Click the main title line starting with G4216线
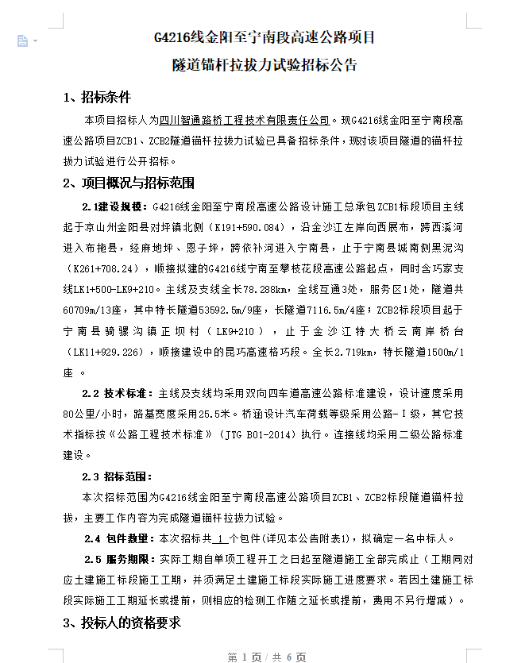click(x=264, y=37)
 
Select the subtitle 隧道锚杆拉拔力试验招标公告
click(x=264, y=64)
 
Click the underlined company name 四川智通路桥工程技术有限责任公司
click(x=244, y=121)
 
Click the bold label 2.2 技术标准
click(x=118, y=392)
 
